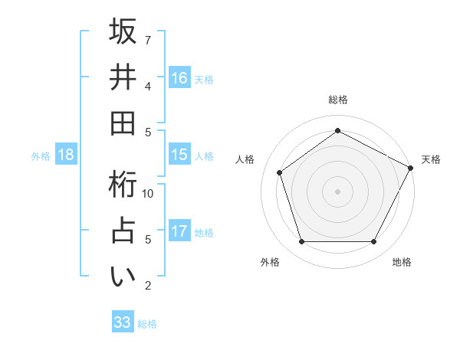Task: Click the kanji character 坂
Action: pos(123,31)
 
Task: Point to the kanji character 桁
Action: pos(123,185)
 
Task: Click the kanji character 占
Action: pos(123,232)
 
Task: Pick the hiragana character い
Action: pos(123,278)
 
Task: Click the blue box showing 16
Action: pos(179,77)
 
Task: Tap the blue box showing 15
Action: pos(179,155)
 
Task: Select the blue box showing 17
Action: pos(179,231)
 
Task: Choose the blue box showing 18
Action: pos(66,155)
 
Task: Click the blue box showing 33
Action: pos(122,322)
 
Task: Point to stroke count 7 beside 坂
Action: pos(148,39)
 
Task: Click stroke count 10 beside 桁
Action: pos(149,193)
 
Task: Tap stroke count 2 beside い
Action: pos(148,286)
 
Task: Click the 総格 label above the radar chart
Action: pos(337,100)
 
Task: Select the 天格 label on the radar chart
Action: pos(431,159)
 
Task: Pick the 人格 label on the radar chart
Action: pos(245,159)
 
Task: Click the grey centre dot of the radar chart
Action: pos(337,191)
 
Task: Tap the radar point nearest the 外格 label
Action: pos(301,242)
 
